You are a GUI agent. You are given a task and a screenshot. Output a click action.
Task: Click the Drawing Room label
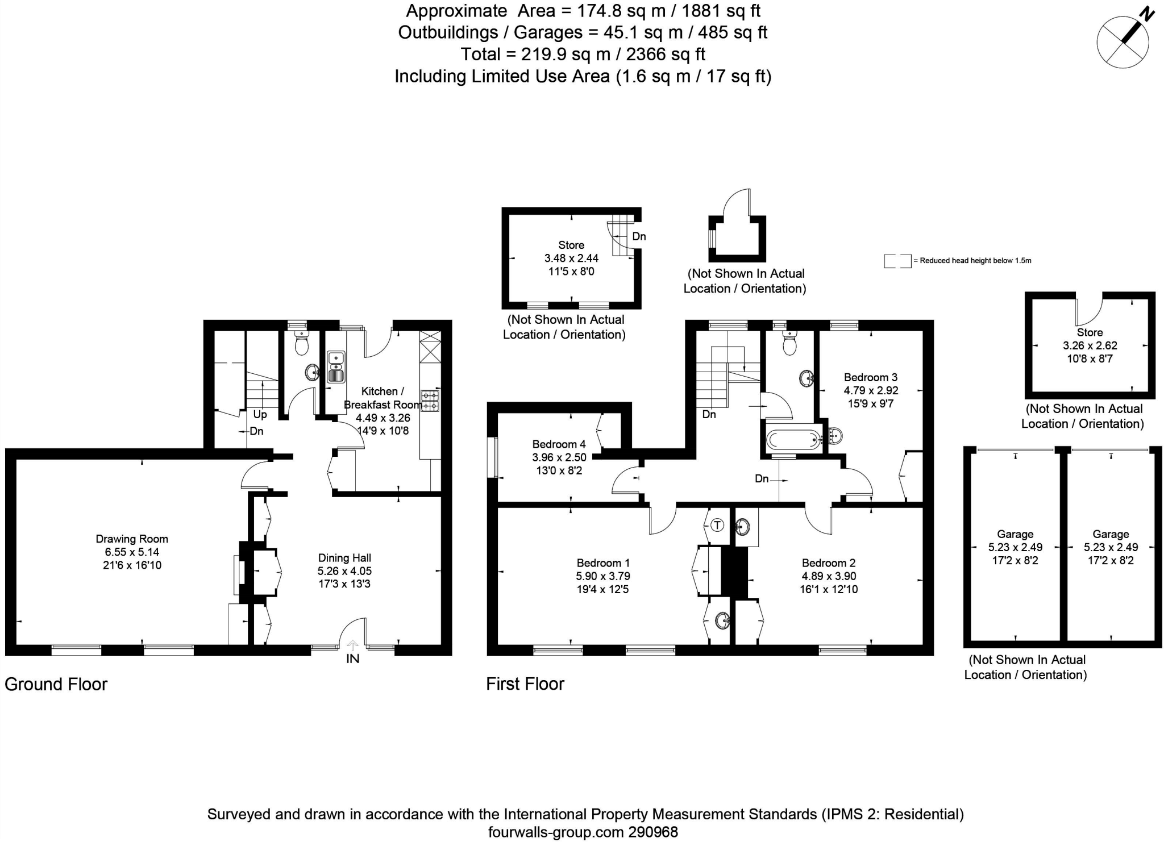[x=132, y=539]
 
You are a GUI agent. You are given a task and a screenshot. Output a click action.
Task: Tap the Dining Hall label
[x=344, y=558]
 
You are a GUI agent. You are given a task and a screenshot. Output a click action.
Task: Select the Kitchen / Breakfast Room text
[x=383, y=398]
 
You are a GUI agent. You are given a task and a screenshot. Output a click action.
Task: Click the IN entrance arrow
[x=353, y=645]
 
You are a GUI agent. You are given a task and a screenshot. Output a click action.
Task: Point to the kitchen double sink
[x=336, y=366]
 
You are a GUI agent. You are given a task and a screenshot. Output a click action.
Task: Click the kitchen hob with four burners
[x=430, y=400]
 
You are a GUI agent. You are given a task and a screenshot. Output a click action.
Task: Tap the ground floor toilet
[x=300, y=344]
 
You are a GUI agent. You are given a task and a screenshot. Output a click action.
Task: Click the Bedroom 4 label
[x=559, y=444]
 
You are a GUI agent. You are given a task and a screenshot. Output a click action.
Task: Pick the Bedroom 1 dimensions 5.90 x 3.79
[x=603, y=576]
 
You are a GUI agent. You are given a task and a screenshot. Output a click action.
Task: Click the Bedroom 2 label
[x=829, y=563]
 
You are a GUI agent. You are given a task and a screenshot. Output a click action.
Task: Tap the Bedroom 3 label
[x=870, y=377]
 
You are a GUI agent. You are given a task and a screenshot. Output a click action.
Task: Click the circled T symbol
[x=718, y=525]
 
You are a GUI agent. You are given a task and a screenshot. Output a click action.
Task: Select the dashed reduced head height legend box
[x=897, y=261]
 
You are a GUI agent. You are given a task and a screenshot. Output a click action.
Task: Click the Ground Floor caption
[x=56, y=684]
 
